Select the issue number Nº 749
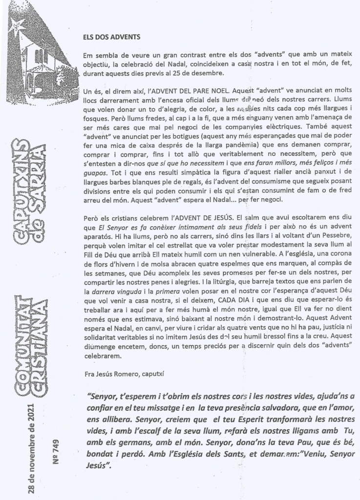coord(55,442)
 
